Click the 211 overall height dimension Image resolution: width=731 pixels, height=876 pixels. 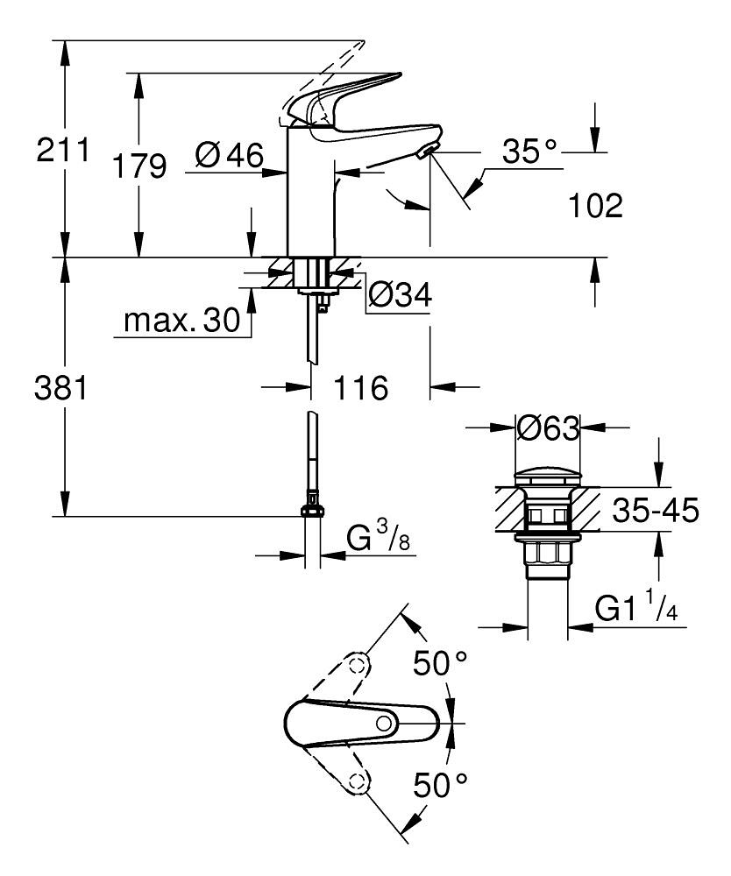63,151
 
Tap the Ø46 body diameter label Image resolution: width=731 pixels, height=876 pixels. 229,156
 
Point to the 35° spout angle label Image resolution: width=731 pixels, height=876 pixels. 529,152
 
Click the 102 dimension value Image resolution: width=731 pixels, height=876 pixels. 595,207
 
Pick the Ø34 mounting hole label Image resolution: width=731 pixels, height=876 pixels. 400,296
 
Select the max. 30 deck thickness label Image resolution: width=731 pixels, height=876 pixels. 181,321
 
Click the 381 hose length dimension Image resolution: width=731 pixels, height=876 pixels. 60,387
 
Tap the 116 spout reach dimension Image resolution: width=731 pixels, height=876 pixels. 360,387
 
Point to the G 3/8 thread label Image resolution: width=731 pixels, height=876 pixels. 378,538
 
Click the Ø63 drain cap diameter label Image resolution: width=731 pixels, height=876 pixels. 548,428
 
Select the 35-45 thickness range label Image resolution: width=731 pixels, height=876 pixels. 653,511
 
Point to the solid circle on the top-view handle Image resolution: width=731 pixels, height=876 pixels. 383,723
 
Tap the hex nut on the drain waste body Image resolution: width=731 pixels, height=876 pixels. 548,556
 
